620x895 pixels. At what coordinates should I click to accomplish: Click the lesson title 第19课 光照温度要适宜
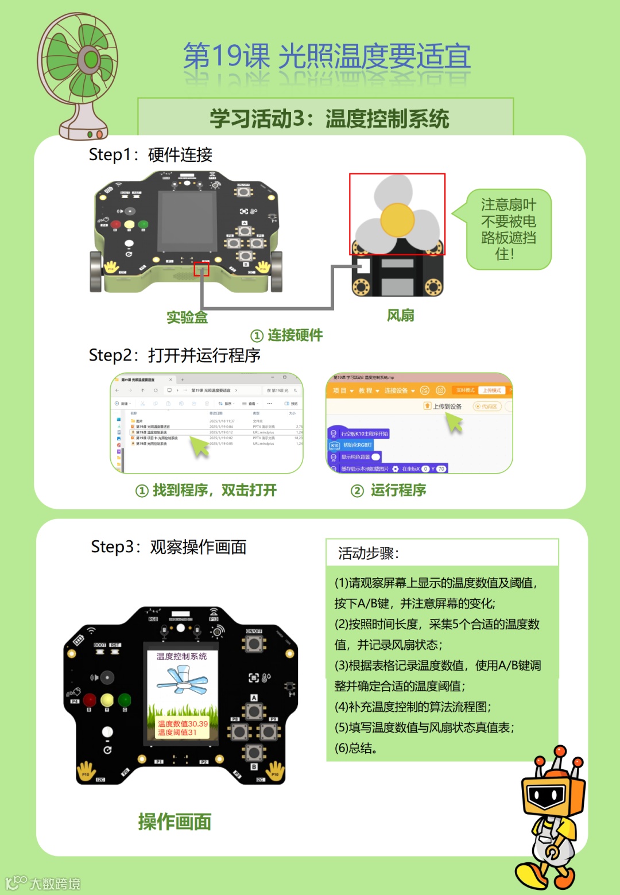pos(327,57)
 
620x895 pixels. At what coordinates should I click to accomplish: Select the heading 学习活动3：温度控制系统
pos(329,119)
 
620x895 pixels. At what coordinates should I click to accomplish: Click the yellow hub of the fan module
pos(397,220)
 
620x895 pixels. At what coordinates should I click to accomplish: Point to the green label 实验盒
pos(187,317)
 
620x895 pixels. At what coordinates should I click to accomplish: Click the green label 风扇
pos(400,315)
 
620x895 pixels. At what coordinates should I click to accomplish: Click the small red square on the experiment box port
pos(201,269)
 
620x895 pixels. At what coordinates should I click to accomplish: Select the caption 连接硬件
pos(294,335)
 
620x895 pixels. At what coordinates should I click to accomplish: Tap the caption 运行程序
pos(398,490)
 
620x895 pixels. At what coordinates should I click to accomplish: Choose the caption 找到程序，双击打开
pos(214,490)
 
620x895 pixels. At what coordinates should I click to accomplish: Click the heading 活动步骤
pos(368,553)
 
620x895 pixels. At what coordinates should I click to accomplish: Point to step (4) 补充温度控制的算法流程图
pos(412,707)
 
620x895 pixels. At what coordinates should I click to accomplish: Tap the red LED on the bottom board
pos(90,700)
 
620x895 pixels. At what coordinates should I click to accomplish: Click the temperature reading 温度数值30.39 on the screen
pos(183,724)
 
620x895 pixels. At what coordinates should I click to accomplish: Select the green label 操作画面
pos(175,822)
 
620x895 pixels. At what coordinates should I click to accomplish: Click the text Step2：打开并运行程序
pos(175,355)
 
